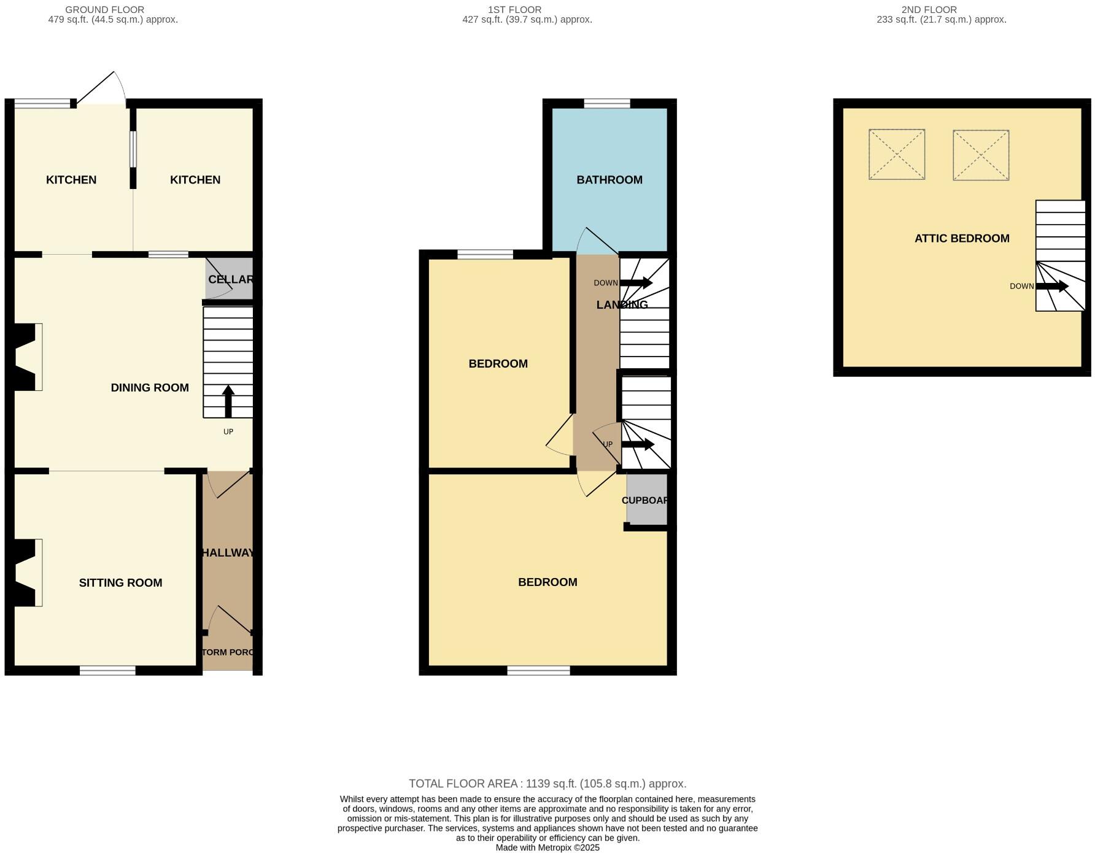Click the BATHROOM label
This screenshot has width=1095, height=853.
609,180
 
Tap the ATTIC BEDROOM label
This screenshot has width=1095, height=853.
961,238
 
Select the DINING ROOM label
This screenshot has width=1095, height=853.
149,387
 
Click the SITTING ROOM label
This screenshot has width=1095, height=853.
120,582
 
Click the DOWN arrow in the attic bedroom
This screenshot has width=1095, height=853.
1052,286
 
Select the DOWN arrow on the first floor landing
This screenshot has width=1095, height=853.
636,282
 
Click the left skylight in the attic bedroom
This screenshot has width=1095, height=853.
896,154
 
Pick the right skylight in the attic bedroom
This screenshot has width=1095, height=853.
980,155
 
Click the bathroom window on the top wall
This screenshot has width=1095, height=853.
606,103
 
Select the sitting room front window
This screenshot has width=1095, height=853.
107,671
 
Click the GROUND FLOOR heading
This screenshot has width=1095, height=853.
105,10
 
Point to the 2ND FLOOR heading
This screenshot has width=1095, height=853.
929,10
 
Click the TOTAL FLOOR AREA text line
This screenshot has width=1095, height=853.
547,784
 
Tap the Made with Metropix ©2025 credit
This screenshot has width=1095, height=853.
547,847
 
